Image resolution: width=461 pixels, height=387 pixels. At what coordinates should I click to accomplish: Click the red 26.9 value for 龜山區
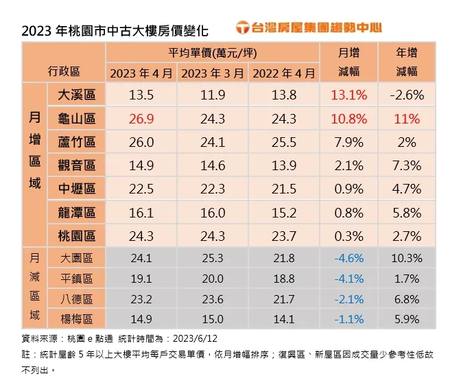point(141,119)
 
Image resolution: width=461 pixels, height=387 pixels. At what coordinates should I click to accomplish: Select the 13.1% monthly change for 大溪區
point(349,95)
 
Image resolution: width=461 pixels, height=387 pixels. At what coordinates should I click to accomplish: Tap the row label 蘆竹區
point(77,142)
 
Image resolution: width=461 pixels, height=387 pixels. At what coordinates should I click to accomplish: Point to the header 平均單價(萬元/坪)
point(212,52)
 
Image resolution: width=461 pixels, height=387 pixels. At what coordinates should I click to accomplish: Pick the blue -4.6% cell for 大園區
point(349,259)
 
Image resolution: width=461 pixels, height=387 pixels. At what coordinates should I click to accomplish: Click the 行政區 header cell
point(64,71)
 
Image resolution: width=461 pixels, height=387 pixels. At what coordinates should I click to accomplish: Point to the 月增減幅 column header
point(349,62)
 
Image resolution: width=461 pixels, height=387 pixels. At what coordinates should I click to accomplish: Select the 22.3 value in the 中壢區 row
point(212,189)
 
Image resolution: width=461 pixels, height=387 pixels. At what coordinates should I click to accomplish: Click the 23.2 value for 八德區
point(141,298)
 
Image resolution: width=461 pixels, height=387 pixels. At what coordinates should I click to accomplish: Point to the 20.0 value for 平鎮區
point(212,279)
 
